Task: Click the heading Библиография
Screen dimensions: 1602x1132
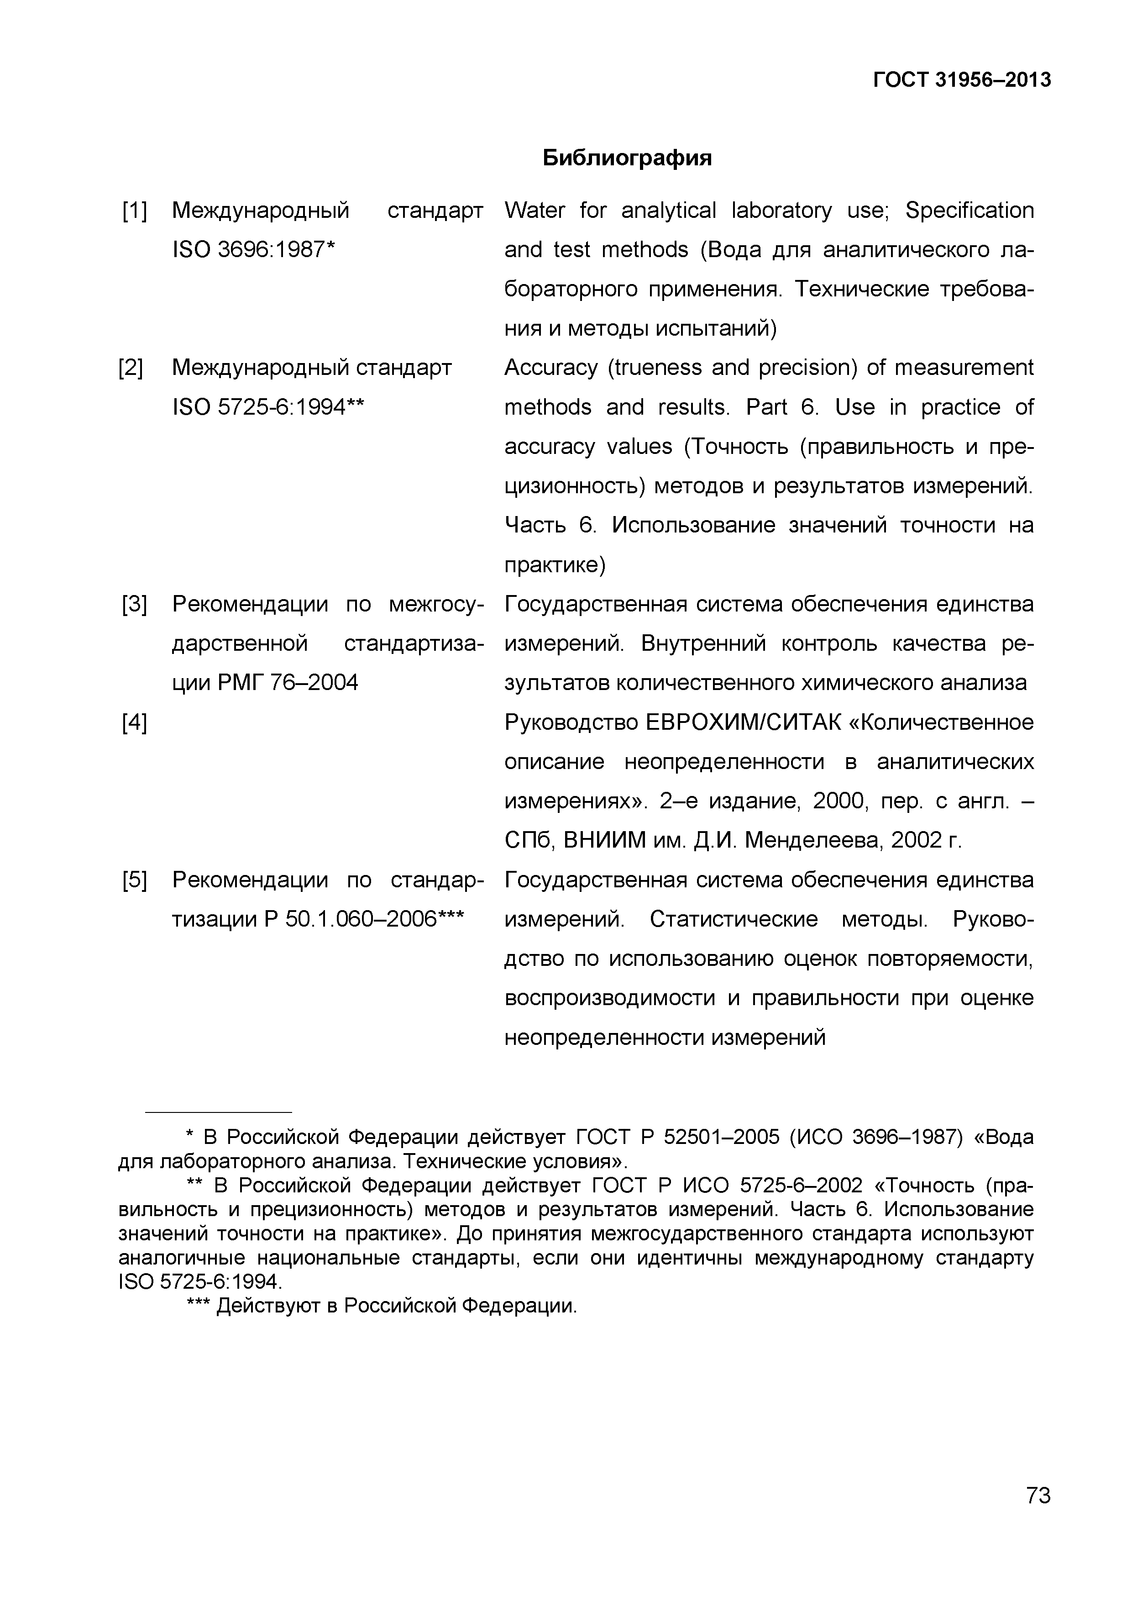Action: point(627,158)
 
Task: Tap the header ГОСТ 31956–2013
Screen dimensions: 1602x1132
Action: point(962,80)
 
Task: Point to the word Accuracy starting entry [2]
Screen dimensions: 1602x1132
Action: point(551,368)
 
